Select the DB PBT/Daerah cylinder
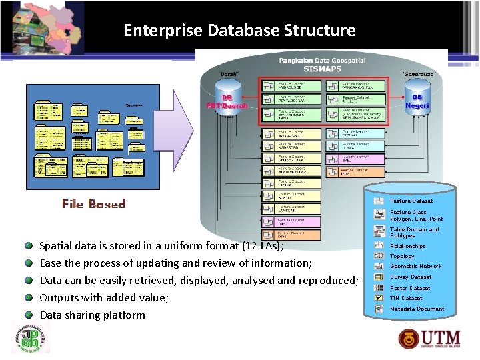[227, 100]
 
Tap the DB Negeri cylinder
[417, 100]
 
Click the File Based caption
[93, 203]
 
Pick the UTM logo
[430, 338]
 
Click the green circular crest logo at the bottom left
[30, 338]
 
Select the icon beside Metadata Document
[379, 309]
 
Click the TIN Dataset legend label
[406, 298]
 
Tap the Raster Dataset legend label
[409, 288]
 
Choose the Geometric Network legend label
[415, 266]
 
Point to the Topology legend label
[402, 256]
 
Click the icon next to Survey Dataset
[379, 277]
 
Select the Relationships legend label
[407, 246]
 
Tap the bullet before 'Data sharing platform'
[29, 315]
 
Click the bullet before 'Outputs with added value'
[29, 297]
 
